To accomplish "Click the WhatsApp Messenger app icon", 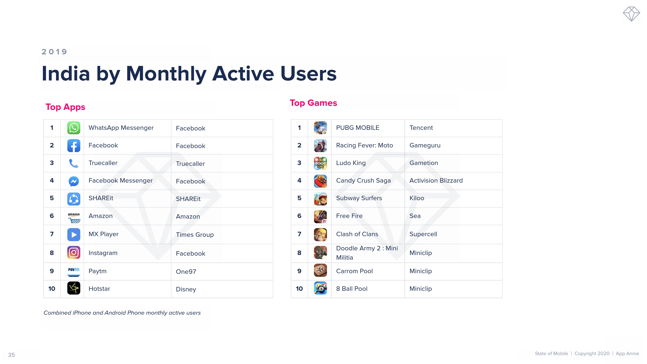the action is [x=74, y=128].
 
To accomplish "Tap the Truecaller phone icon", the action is [x=74, y=163].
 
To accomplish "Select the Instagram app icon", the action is [x=74, y=252].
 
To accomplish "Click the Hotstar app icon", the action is [x=74, y=288].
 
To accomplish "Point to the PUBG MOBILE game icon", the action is [x=320, y=128].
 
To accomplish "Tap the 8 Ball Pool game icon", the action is [x=320, y=288].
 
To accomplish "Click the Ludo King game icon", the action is [x=320, y=163].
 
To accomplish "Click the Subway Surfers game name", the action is [x=359, y=198].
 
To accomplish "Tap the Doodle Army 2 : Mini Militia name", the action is [x=367, y=253].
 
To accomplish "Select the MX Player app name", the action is [x=104, y=234].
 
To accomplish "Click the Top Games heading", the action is [x=313, y=103].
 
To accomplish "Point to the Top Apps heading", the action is [x=65, y=107].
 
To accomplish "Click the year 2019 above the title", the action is [x=54, y=52].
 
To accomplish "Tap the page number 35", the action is [x=11, y=355].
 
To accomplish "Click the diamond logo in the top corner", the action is [x=631, y=14].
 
